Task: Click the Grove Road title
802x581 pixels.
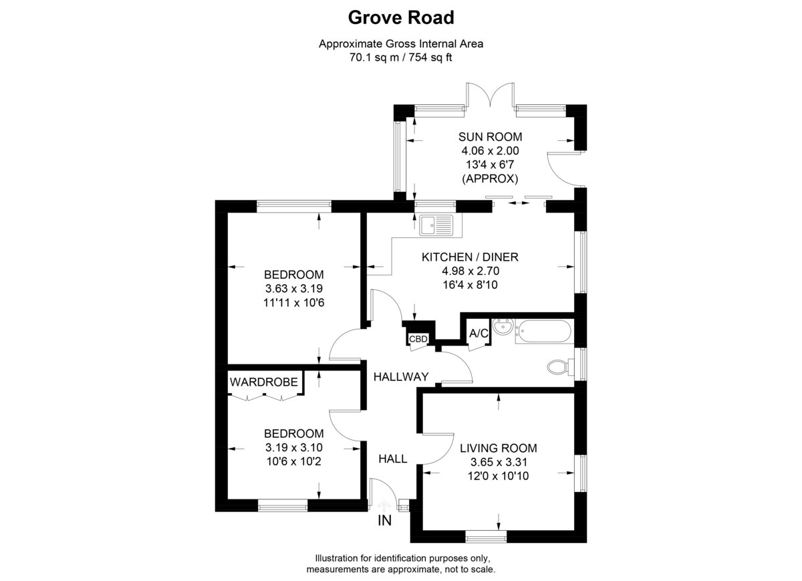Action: click(x=401, y=17)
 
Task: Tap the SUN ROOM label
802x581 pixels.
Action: click(x=490, y=137)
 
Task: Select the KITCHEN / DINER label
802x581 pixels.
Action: click(x=470, y=257)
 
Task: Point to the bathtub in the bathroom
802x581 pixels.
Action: click(x=543, y=331)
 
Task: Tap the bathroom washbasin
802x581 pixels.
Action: click(x=503, y=327)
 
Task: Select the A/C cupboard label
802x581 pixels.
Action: click(x=479, y=334)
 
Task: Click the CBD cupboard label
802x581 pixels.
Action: click(x=418, y=338)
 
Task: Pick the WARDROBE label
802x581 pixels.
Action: click(x=264, y=382)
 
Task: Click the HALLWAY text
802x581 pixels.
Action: click(x=401, y=376)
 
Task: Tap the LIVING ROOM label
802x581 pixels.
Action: click(x=499, y=448)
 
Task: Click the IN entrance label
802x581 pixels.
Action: click(x=384, y=520)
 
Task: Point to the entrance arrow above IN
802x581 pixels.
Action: click(x=384, y=505)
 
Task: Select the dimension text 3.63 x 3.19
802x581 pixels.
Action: click(x=294, y=288)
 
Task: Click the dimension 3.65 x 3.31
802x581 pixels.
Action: click(x=499, y=462)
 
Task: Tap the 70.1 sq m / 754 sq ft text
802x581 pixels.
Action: click(x=401, y=57)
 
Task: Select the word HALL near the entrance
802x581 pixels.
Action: click(x=393, y=459)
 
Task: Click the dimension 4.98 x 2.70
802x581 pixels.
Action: click(x=471, y=271)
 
